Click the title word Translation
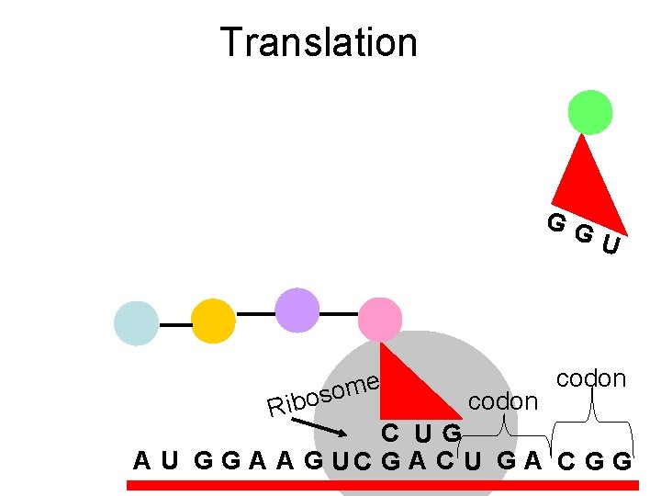(319, 42)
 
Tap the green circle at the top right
(589, 112)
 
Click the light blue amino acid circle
(136, 323)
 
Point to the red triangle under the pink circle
(409, 386)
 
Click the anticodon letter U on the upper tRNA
(612, 244)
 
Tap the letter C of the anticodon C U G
(390, 433)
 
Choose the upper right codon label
(591, 378)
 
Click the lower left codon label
(502, 400)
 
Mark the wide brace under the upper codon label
(592, 423)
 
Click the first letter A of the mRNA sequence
(141, 458)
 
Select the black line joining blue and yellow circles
(174, 323)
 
